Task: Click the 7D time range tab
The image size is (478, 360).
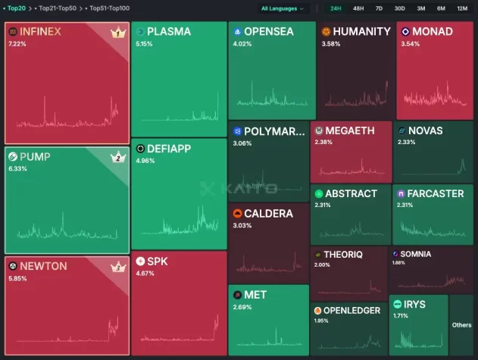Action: pos(379,8)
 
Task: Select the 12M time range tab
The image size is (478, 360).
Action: pos(462,8)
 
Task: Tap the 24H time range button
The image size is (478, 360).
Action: pos(336,8)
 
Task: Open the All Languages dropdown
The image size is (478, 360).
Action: pos(282,8)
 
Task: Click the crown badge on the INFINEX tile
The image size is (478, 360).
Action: pos(117,33)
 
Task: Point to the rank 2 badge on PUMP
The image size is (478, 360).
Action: pos(117,158)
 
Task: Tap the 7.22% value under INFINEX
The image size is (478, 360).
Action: pos(17,44)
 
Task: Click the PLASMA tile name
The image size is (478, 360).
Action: pos(169,32)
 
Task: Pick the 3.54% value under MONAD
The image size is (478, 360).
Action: pos(410,43)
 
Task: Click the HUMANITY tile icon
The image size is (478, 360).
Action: pos(326,32)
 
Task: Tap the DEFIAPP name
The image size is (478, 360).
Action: pos(173,149)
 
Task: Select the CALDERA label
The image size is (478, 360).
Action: pos(268,214)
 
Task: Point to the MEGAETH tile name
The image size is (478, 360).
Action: pos(349,131)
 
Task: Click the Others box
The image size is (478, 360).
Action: pos(461,325)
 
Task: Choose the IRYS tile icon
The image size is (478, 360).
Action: pos(397,305)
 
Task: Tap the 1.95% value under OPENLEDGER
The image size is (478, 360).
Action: pos(322,321)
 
